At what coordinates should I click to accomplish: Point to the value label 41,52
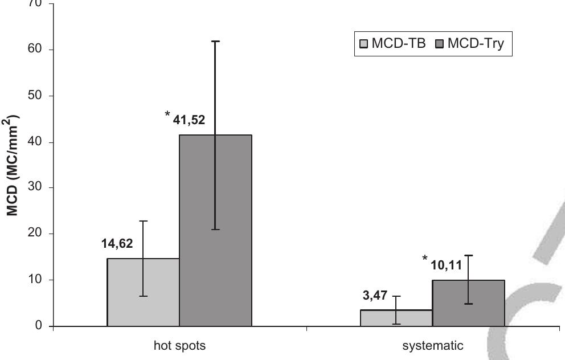click(189, 120)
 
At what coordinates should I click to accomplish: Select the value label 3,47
click(374, 296)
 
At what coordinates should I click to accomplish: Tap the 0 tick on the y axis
click(39, 326)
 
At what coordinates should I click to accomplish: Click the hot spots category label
click(179, 345)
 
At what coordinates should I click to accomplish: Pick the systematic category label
click(433, 345)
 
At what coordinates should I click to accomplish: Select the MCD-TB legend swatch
click(364, 44)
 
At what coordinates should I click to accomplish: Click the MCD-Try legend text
click(476, 44)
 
